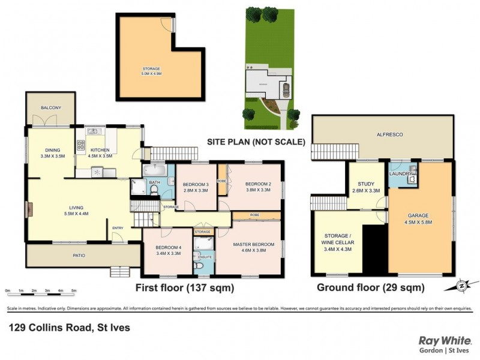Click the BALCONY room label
pos(51,107)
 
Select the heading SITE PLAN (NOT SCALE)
pos(256,142)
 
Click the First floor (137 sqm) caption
pos(184,288)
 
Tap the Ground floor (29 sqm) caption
pos(370,288)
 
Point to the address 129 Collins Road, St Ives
pos(68,328)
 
